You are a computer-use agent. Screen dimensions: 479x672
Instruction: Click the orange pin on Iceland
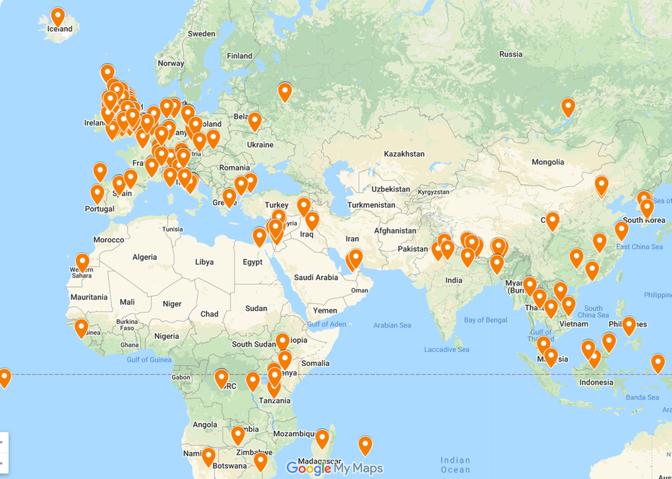coord(58,17)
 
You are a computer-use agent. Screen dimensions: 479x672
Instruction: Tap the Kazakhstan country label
coord(404,154)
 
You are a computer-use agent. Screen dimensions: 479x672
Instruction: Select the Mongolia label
coord(547,162)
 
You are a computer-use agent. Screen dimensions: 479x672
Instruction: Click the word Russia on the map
coord(511,54)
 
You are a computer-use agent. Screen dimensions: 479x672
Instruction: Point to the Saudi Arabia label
coord(316,277)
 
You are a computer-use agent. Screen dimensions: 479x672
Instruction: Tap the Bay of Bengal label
coord(486,320)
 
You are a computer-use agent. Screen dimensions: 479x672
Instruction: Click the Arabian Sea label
coord(392,325)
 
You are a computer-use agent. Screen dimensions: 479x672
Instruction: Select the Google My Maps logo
coord(335,468)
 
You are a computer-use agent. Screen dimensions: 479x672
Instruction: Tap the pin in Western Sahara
coord(83,262)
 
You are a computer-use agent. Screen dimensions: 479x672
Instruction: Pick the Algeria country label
coord(144,257)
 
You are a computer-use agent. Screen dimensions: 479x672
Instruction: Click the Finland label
coord(240,56)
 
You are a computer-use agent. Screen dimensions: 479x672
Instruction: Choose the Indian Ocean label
coord(456,465)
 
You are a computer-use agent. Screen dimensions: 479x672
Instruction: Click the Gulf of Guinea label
coord(149,359)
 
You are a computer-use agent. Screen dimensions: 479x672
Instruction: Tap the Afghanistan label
coord(396,230)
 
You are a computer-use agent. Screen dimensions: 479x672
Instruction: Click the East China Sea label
coord(639,247)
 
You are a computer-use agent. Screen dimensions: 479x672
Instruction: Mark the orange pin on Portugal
coord(97,193)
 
